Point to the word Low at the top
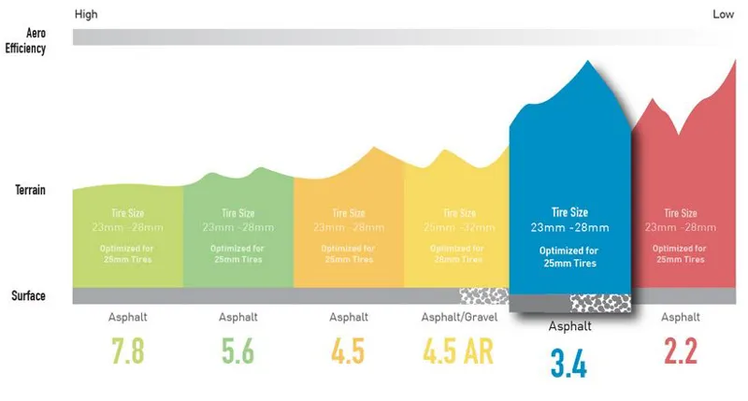723,14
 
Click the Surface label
28,296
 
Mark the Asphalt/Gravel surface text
458,317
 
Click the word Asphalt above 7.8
127,317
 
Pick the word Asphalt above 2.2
680,317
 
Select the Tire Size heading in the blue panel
568,212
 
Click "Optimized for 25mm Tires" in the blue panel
568,257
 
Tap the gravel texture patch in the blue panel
598,303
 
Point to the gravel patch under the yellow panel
483,295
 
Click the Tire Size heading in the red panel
680,213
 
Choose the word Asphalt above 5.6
237,317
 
